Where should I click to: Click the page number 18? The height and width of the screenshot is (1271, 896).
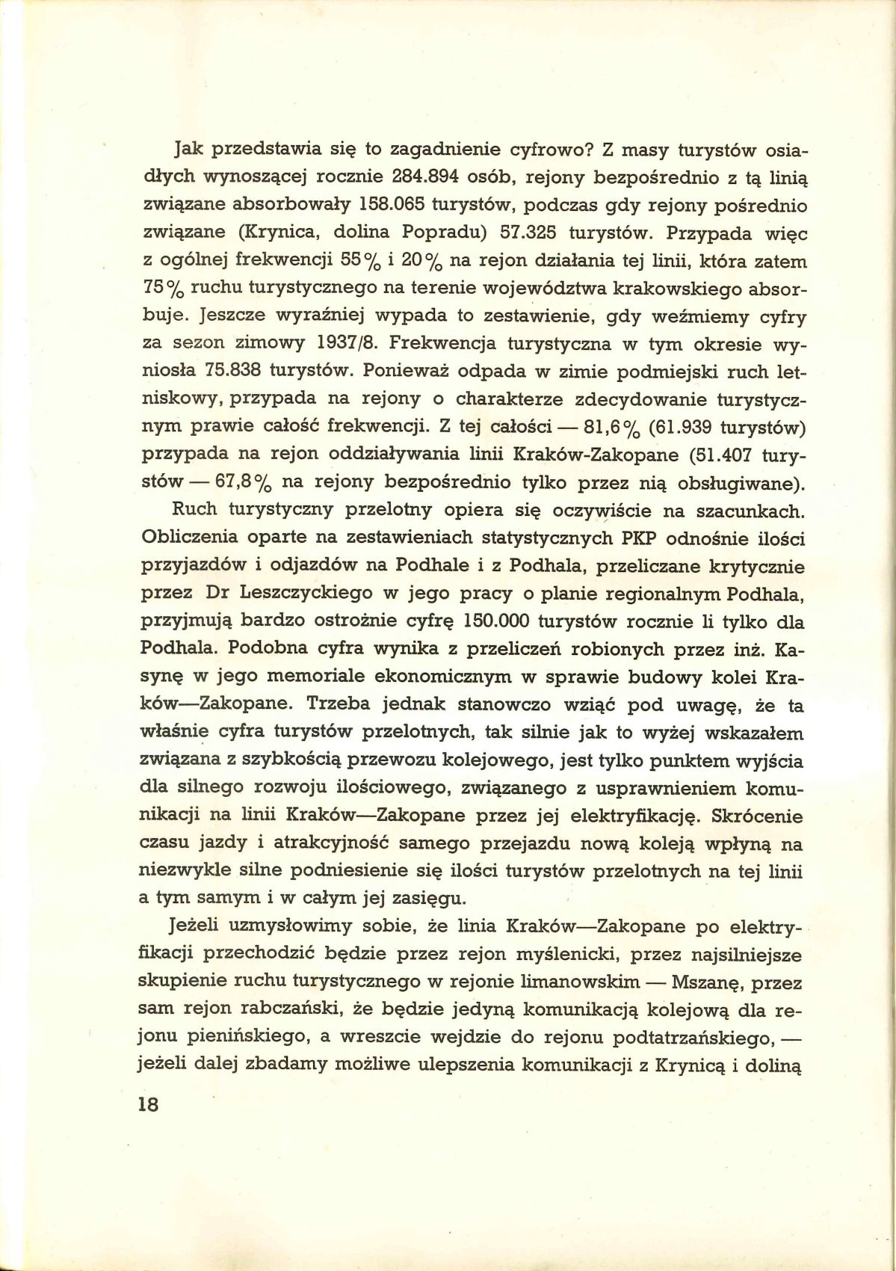tap(150, 1105)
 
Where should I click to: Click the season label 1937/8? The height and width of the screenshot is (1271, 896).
tap(345, 344)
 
